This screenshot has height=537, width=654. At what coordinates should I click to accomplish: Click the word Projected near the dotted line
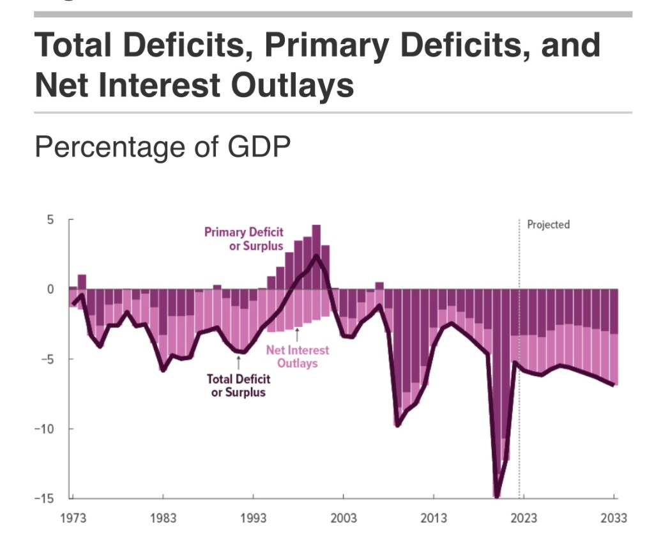coord(548,225)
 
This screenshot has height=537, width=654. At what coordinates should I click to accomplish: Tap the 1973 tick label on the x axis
coord(73,517)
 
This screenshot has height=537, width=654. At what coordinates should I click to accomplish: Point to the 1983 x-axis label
coord(163,517)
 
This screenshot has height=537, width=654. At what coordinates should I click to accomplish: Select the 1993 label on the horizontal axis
coord(253,517)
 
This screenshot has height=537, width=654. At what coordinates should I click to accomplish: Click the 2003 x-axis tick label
coord(343,517)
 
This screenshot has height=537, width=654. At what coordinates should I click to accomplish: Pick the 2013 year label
coord(434,517)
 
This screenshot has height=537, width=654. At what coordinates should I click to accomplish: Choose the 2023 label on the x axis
coord(524,517)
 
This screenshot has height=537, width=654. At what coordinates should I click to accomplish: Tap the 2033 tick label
coord(614,517)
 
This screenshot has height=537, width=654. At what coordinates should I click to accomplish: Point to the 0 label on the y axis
coord(50,289)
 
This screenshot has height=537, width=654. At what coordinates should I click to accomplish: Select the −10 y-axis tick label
coord(45,428)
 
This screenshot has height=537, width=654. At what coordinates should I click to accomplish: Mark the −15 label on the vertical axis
coord(45,498)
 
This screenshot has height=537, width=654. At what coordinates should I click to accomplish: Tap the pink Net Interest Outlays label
coord(297,356)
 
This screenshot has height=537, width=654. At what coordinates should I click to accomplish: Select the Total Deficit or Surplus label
coord(238,385)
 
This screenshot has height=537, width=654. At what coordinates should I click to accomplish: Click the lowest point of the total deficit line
coord(497,495)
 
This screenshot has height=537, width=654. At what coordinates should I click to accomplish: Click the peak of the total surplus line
coord(316,256)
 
